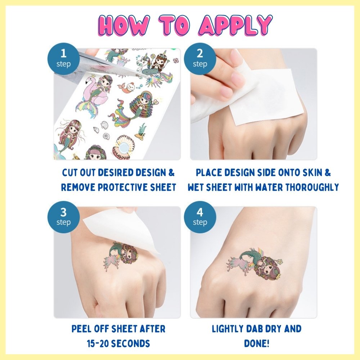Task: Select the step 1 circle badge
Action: (64, 58)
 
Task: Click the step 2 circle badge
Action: (200, 58)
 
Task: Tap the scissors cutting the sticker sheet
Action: (108, 65)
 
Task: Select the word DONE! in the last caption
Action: (257, 343)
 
